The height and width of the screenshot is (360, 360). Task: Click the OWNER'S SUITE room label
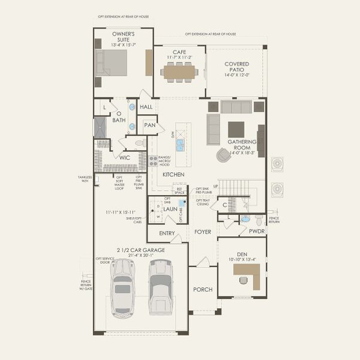(x=124, y=38)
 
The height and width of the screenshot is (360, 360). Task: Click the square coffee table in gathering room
(x=236, y=129)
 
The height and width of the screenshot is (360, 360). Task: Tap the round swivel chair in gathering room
(x=223, y=155)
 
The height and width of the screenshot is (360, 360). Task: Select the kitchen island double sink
(x=180, y=145)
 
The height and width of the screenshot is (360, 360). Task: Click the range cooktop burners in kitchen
(x=153, y=161)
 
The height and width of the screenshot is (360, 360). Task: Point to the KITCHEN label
(x=173, y=174)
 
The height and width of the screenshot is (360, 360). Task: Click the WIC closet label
(x=125, y=158)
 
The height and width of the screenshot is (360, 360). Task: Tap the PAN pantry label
(x=149, y=125)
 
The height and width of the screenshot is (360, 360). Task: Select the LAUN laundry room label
(x=170, y=209)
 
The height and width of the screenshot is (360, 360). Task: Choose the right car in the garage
(x=160, y=287)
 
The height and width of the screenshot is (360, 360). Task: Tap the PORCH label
(x=203, y=289)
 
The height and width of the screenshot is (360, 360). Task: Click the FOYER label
(x=203, y=232)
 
